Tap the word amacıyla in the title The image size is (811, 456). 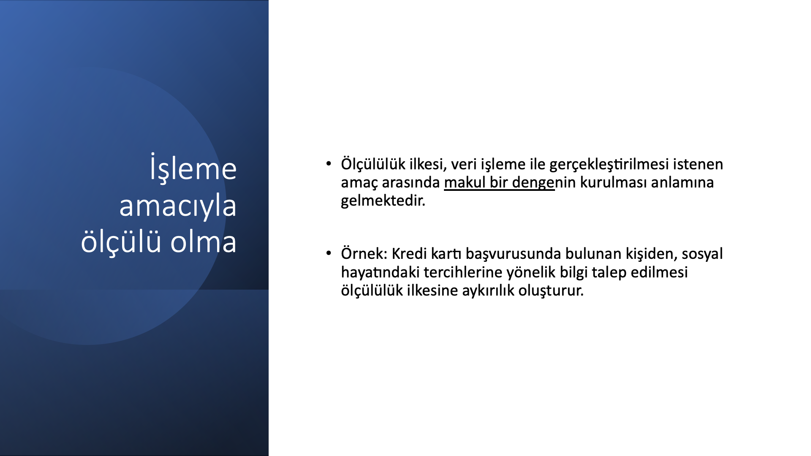click(178, 206)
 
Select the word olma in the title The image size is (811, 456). click(203, 242)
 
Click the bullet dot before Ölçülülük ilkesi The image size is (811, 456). click(329, 163)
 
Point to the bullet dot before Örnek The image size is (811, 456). click(329, 253)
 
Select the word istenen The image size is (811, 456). click(698, 164)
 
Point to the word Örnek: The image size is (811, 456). click(364, 253)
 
